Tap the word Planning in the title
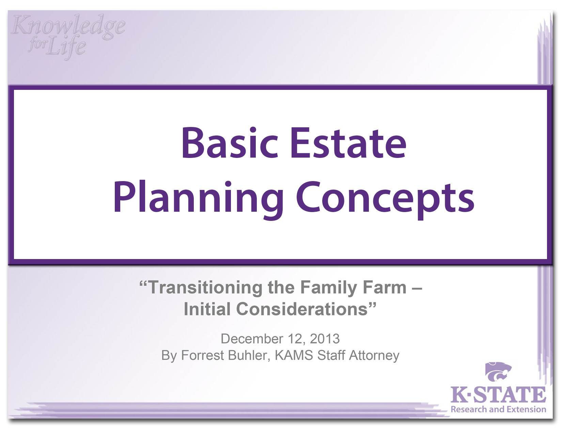(198, 198)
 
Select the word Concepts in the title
(385, 198)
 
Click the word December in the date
(251, 339)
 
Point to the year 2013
(325, 339)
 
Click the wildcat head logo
(498, 372)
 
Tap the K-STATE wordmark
(498, 395)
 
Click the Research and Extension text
(498, 409)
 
